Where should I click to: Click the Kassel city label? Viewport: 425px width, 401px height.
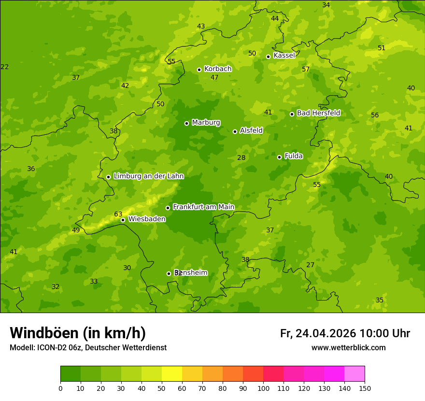[x=284, y=56]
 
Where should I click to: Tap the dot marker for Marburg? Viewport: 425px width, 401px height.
[x=186, y=123]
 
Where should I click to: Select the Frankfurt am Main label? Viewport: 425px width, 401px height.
[x=203, y=207]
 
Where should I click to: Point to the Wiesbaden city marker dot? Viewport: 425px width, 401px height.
[x=123, y=220]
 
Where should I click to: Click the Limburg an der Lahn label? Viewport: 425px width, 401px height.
[x=148, y=176]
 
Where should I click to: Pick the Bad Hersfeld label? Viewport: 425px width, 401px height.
[x=318, y=113]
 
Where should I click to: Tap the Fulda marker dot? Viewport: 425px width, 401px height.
[x=279, y=157]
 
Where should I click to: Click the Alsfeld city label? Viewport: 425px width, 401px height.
[x=251, y=130]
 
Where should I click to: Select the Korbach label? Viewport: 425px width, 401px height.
[x=218, y=69]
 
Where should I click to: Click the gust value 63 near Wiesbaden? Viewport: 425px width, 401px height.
[x=118, y=214]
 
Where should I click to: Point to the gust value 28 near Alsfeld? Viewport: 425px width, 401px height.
[x=241, y=158]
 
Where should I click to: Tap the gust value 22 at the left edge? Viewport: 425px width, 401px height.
[x=5, y=67]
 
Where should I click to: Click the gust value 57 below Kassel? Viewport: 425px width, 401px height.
[x=306, y=69]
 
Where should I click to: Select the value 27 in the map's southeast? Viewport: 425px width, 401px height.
[x=310, y=265]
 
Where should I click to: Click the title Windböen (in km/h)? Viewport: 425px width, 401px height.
[x=78, y=333]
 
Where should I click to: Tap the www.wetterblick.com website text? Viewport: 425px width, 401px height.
[x=348, y=348]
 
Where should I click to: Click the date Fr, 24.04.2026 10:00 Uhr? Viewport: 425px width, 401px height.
[x=345, y=333]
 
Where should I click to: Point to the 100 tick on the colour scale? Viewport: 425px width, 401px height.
[x=263, y=388]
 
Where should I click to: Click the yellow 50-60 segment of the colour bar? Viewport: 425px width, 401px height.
[x=172, y=374]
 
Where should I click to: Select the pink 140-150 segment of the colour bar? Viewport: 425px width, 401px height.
[x=354, y=374]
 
